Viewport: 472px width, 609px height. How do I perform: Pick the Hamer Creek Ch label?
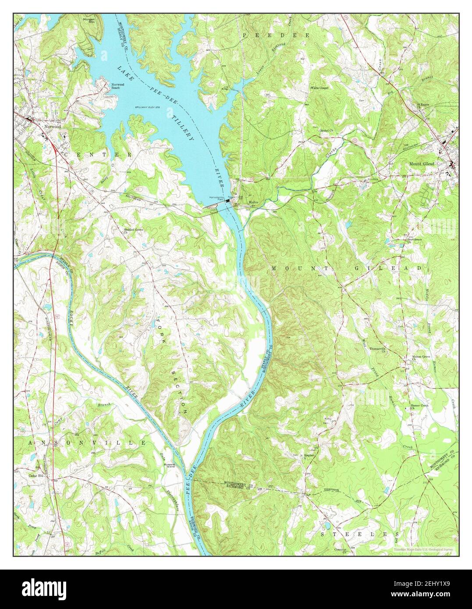pos(419,407)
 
